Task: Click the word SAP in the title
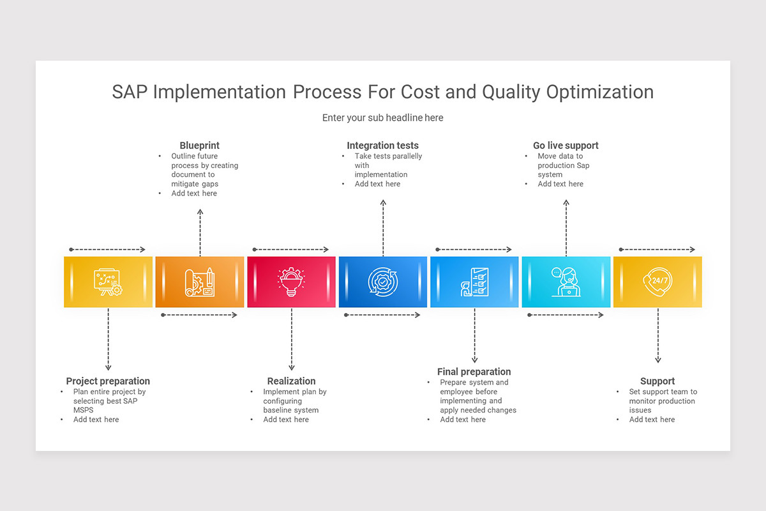(x=130, y=92)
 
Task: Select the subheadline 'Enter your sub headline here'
(x=382, y=118)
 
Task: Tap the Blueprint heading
(x=199, y=146)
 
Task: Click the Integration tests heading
(x=382, y=146)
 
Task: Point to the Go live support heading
(x=566, y=146)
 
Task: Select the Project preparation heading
(x=108, y=381)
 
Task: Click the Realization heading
(x=291, y=381)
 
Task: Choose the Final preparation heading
(x=474, y=372)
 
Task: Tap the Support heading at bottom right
(x=657, y=381)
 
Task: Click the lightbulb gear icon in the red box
(x=291, y=282)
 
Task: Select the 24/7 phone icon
(x=657, y=282)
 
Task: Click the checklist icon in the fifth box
(x=474, y=282)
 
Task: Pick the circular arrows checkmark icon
(x=383, y=282)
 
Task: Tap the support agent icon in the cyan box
(x=566, y=282)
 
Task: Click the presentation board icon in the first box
(x=108, y=282)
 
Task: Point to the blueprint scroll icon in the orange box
(x=200, y=282)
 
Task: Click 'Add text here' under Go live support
(x=560, y=184)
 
